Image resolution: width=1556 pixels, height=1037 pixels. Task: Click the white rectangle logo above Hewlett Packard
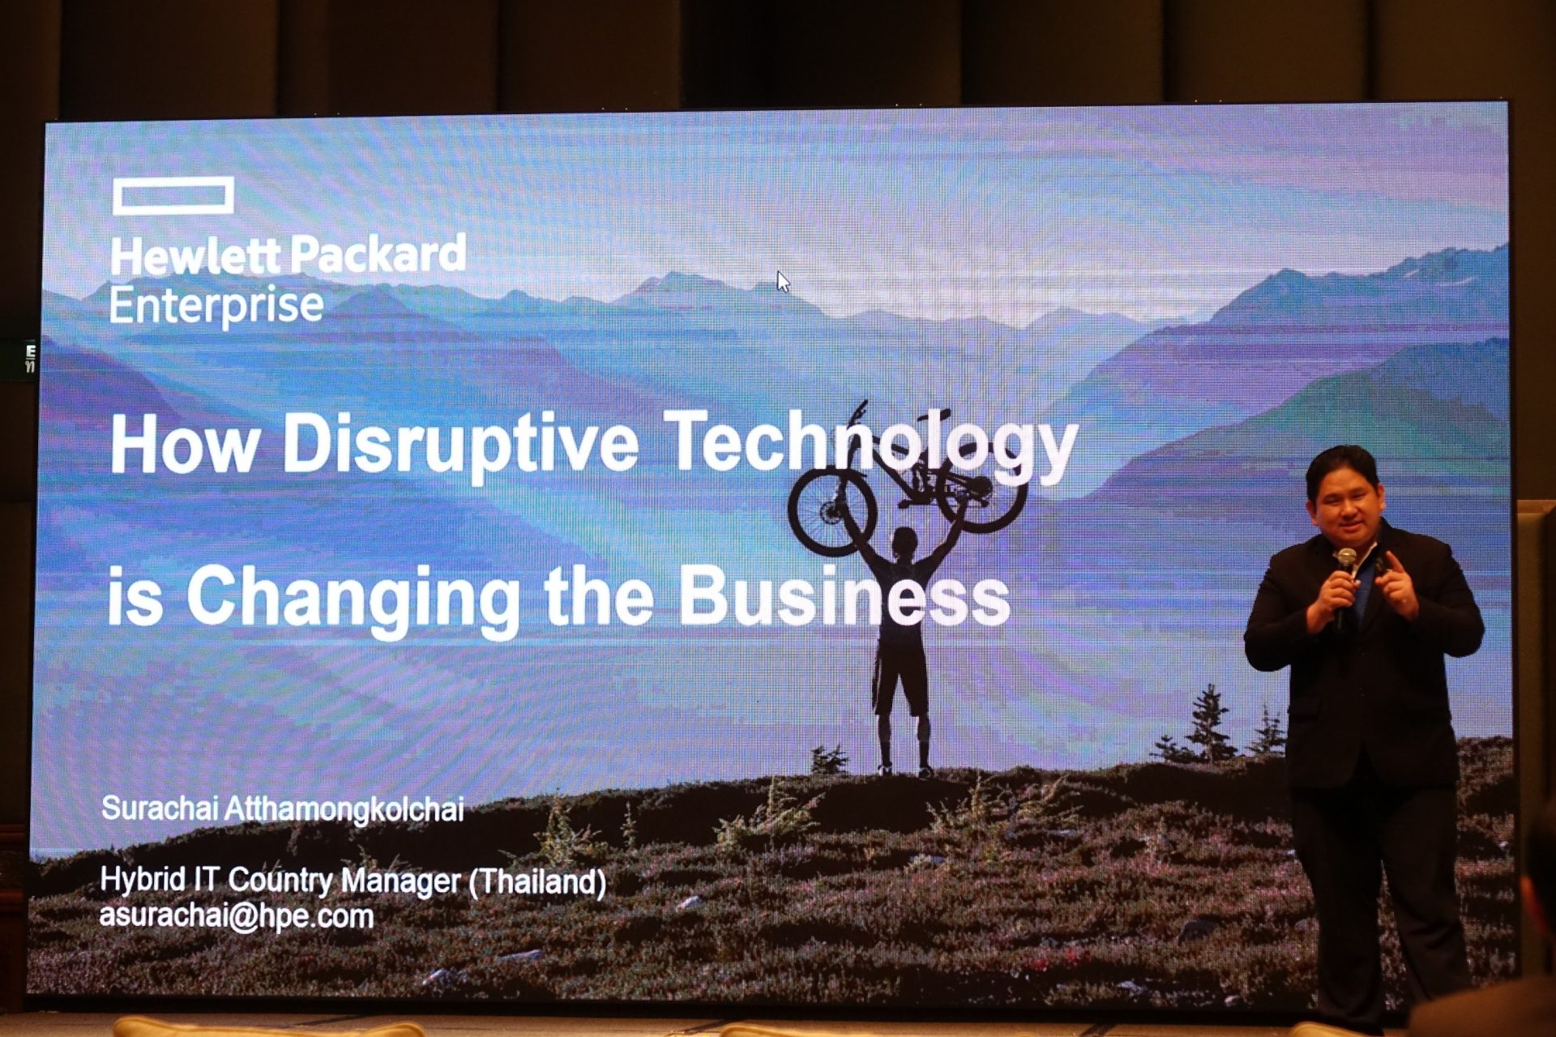(x=173, y=183)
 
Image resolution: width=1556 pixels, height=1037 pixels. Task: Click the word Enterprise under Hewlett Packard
(x=216, y=305)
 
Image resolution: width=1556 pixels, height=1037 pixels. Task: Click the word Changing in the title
(x=353, y=597)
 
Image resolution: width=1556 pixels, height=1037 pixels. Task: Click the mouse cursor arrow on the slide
(x=783, y=281)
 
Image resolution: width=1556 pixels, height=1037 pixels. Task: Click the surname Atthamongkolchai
(x=344, y=809)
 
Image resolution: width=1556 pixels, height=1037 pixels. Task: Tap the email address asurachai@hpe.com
(x=236, y=915)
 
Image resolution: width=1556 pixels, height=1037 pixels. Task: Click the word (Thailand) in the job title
(x=537, y=881)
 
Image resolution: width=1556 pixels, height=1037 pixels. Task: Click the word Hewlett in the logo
(x=194, y=256)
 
